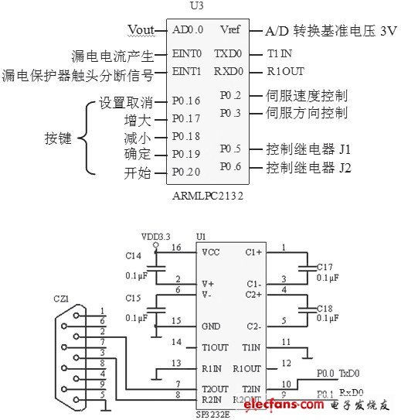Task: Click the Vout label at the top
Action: point(141,30)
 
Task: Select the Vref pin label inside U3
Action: point(229,30)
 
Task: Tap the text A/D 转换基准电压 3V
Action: point(331,31)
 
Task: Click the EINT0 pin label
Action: point(186,54)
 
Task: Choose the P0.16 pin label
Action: point(186,101)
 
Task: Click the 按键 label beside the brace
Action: point(58,139)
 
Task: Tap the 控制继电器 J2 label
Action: point(308,166)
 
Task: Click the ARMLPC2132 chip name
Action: point(209,197)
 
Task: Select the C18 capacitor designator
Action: point(327,307)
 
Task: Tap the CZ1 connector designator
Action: point(61,298)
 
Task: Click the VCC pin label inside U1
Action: point(210,251)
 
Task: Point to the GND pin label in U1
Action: point(210,326)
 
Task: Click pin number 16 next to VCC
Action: point(175,248)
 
